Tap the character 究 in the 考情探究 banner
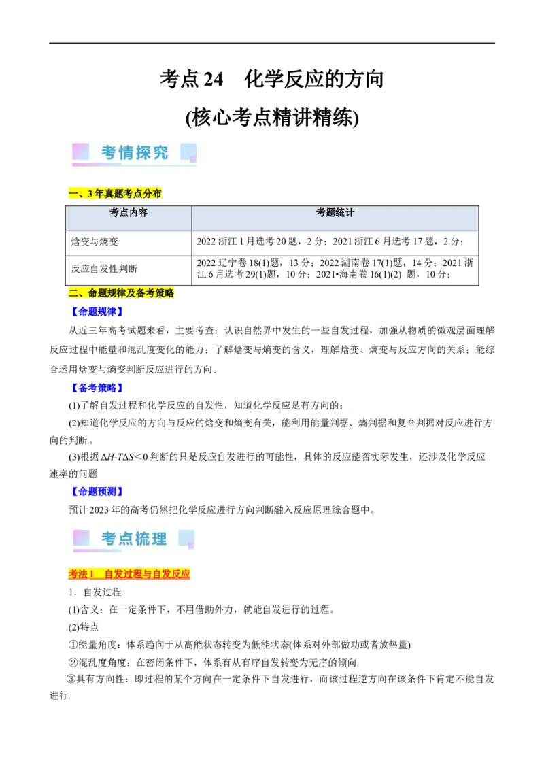tap(160, 152)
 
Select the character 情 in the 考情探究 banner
tap(126, 152)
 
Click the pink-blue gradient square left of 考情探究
tap(81, 151)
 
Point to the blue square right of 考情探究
tap(188, 151)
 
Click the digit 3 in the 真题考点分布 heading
tap(90, 194)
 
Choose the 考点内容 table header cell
tap(129, 213)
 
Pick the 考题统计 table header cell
tap(335, 213)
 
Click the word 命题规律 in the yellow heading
tap(107, 293)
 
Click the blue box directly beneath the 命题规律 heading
tap(97, 312)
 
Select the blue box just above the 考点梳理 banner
tap(97, 491)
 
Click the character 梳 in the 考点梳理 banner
tap(143, 539)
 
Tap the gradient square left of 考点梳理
tap(81, 537)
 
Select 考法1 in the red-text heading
tap(81, 574)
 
